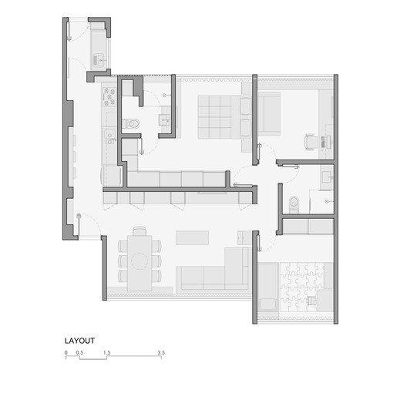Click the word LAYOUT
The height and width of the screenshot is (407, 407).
click(x=80, y=339)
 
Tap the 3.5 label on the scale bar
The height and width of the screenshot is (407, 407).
click(x=161, y=352)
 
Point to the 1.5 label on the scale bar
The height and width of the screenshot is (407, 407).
click(x=106, y=352)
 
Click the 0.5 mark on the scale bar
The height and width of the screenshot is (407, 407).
click(x=79, y=352)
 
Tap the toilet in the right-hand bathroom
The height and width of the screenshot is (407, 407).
click(x=292, y=203)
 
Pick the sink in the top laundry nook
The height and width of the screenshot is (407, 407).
click(x=99, y=56)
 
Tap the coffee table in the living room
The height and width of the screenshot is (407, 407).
click(x=191, y=237)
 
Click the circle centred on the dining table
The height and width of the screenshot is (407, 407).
click(x=139, y=261)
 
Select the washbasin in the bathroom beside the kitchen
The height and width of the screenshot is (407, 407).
click(x=163, y=119)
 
